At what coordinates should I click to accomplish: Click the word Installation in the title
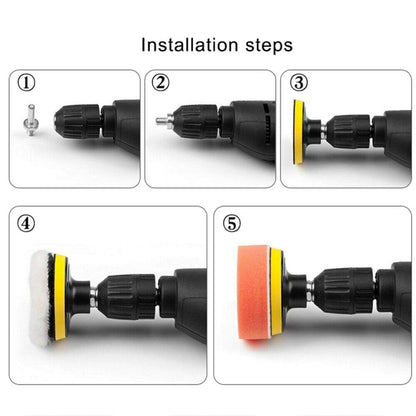(x=189, y=45)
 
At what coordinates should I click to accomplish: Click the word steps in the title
(x=269, y=46)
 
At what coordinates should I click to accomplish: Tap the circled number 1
(x=26, y=83)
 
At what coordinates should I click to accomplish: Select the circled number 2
(x=160, y=83)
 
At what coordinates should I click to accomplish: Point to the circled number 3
(x=298, y=83)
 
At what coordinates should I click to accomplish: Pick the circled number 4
(x=26, y=224)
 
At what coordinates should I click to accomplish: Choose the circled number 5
(x=232, y=224)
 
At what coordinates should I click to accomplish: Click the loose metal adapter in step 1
(x=30, y=120)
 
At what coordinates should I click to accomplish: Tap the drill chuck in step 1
(x=77, y=122)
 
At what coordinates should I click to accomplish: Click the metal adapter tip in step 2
(x=164, y=119)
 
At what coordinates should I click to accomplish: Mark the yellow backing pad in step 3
(x=298, y=132)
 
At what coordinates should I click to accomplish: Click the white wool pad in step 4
(x=40, y=298)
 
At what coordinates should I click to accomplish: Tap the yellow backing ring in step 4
(x=60, y=297)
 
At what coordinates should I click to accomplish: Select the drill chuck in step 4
(x=127, y=297)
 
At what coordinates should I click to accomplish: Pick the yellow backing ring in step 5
(x=277, y=292)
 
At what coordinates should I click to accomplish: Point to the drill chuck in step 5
(x=343, y=291)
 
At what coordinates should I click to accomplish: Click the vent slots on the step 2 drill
(x=267, y=126)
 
